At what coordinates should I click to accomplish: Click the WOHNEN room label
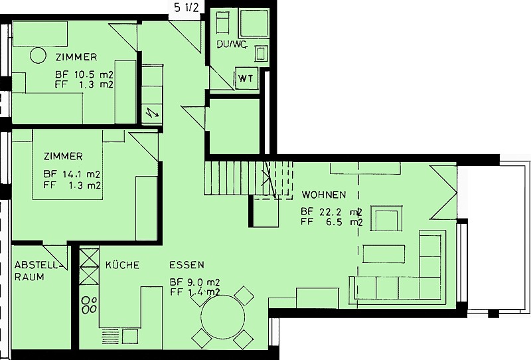(324, 195)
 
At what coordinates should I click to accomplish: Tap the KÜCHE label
(122, 265)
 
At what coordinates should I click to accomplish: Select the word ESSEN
(187, 265)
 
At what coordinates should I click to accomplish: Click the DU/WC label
(232, 45)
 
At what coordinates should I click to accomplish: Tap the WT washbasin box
(246, 78)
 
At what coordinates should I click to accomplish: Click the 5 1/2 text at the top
(187, 8)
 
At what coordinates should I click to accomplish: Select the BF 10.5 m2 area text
(84, 74)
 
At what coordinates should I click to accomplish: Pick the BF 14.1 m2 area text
(72, 175)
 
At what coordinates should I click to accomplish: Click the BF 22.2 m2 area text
(331, 212)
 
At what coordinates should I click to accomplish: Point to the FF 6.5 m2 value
(331, 223)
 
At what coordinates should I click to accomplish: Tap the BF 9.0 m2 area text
(194, 282)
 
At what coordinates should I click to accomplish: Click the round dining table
(222, 317)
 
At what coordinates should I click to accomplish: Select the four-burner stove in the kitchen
(90, 305)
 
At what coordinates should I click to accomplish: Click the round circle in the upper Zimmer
(38, 55)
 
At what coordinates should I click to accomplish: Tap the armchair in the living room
(386, 218)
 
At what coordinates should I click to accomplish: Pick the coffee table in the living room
(384, 254)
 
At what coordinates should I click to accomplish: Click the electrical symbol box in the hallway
(152, 112)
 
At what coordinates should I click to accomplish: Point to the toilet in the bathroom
(261, 53)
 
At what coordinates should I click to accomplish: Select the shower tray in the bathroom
(254, 23)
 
